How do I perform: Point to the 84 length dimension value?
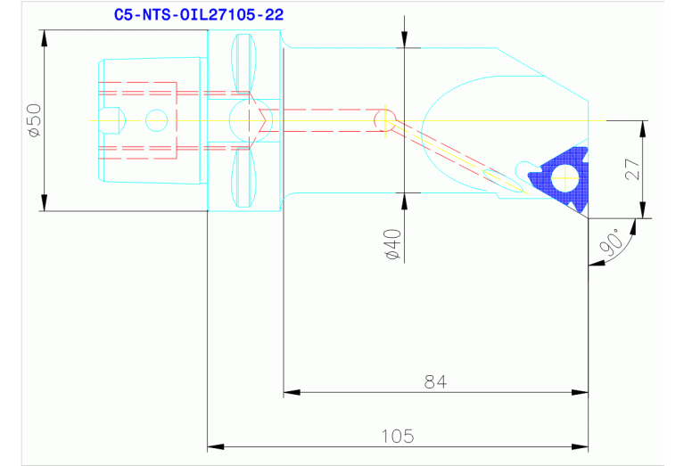pos(435,381)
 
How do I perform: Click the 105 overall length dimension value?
pos(398,436)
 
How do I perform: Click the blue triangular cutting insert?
pos(557,183)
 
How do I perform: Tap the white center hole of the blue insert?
pos(565,179)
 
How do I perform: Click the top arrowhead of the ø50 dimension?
pos(43,37)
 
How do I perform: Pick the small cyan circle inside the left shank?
pos(156,119)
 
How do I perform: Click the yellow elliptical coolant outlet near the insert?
pos(499,177)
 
